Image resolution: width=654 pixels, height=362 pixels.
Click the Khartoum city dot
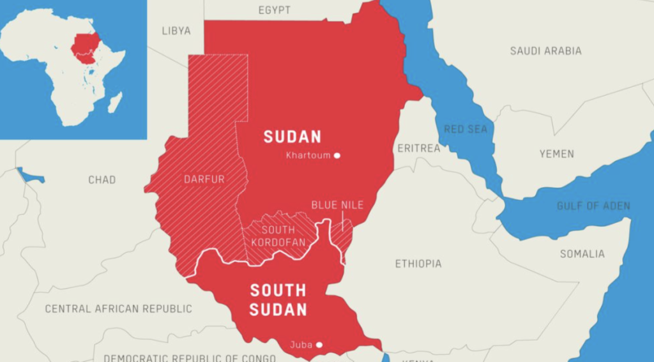(337, 156)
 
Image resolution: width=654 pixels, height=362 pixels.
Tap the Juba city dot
(319, 345)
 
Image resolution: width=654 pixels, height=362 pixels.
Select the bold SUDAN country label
(293, 137)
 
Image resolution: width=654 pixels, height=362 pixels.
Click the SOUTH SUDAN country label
(278, 300)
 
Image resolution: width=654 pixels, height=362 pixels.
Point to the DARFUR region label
(204, 179)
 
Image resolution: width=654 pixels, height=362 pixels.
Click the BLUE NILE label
(337, 205)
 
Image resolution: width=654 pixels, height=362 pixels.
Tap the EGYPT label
(275, 10)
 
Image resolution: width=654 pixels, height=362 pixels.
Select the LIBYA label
(176, 31)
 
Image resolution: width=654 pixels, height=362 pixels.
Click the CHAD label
(102, 180)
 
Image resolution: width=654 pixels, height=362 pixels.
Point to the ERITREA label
(419, 148)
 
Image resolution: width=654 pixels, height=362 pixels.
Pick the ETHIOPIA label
(418, 264)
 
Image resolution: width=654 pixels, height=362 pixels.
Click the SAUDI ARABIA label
(545, 50)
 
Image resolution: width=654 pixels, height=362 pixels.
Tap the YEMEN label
(556, 154)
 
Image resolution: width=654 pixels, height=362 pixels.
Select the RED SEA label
(466, 130)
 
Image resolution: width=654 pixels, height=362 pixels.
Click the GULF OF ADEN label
(593, 206)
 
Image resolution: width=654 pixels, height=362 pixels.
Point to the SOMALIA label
(582, 254)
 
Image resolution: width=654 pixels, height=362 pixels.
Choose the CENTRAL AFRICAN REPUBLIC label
(118, 309)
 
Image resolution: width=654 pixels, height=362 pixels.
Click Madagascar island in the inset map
(115, 102)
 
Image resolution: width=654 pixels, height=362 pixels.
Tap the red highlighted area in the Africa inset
(84, 48)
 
